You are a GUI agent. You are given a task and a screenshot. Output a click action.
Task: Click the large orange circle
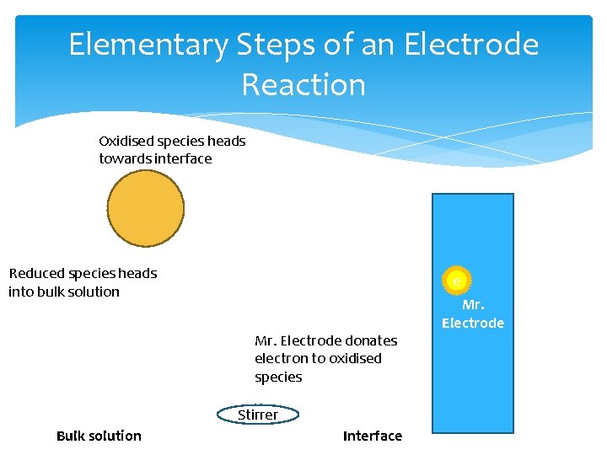click(x=146, y=208)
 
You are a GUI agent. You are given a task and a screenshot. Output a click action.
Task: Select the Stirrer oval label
click(x=258, y=415)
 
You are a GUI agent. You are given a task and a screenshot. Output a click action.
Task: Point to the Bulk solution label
click(x=99, y=436)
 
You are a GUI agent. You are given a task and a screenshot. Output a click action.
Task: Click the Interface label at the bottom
click(x=373, y=436)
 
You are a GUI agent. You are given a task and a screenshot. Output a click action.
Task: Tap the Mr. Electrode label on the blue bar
click(x=473, y=314)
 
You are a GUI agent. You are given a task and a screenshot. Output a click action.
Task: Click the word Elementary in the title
click(x=148, y=45)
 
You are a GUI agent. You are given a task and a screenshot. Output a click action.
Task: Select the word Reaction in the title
click(x=303, y=85)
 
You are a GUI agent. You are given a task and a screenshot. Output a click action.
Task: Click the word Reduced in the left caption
click(x=36, y=273)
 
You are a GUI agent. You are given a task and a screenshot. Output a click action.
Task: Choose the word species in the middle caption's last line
click(x=278, y=377)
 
